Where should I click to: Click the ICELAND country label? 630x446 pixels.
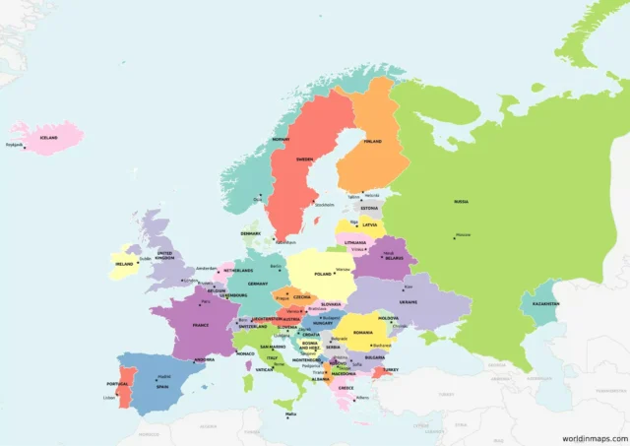47,138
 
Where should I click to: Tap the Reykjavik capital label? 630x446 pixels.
14,146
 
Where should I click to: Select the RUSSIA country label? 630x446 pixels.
461,201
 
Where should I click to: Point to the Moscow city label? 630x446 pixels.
463,234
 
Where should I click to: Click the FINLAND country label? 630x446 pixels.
372,141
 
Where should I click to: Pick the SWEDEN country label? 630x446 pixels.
305,159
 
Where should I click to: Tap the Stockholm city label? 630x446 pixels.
323,205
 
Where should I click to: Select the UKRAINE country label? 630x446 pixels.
409,301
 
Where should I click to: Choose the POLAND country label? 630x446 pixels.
323,274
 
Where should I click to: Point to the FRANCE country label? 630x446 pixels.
200,324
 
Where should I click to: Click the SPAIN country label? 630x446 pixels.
162,386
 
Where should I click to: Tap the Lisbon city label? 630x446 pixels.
108,398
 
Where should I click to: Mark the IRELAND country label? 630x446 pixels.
124,264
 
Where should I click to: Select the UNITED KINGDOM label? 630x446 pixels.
164,255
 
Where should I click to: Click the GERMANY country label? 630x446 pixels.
258,284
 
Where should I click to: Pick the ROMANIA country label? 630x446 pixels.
364,333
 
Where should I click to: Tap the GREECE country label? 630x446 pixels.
346,387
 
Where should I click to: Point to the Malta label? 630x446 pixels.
290,414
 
